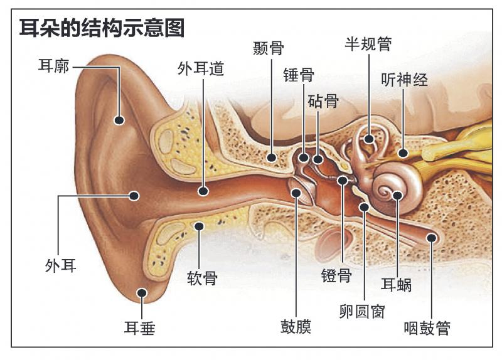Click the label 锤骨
[x=299, y=75]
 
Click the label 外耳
[x=61, y=265]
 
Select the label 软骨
[x=202, y=277]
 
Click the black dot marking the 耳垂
[x=143, y=292]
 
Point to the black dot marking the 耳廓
[x=119, y=120]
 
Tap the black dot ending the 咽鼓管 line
[x=432, y=238]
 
